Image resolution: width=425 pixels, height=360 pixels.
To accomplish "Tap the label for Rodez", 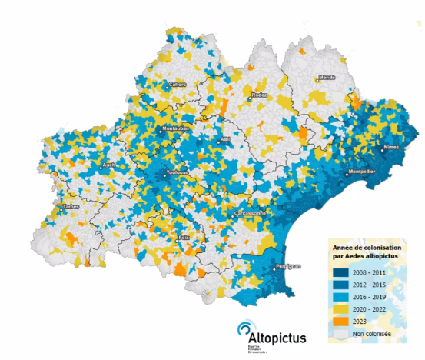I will click(x=257, y=95).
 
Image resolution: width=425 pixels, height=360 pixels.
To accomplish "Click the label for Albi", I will click(x=225, y=139).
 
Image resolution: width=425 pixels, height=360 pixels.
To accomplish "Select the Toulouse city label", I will click(x=178, y=173).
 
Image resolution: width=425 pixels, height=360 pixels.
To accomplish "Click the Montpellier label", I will click(x=360, y=172).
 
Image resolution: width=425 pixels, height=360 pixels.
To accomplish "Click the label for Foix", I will click(x=184, y=238).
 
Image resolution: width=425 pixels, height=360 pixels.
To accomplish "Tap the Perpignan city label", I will click(x=288, y=266).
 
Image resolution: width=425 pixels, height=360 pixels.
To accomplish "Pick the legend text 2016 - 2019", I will click(x=370, y=296).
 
